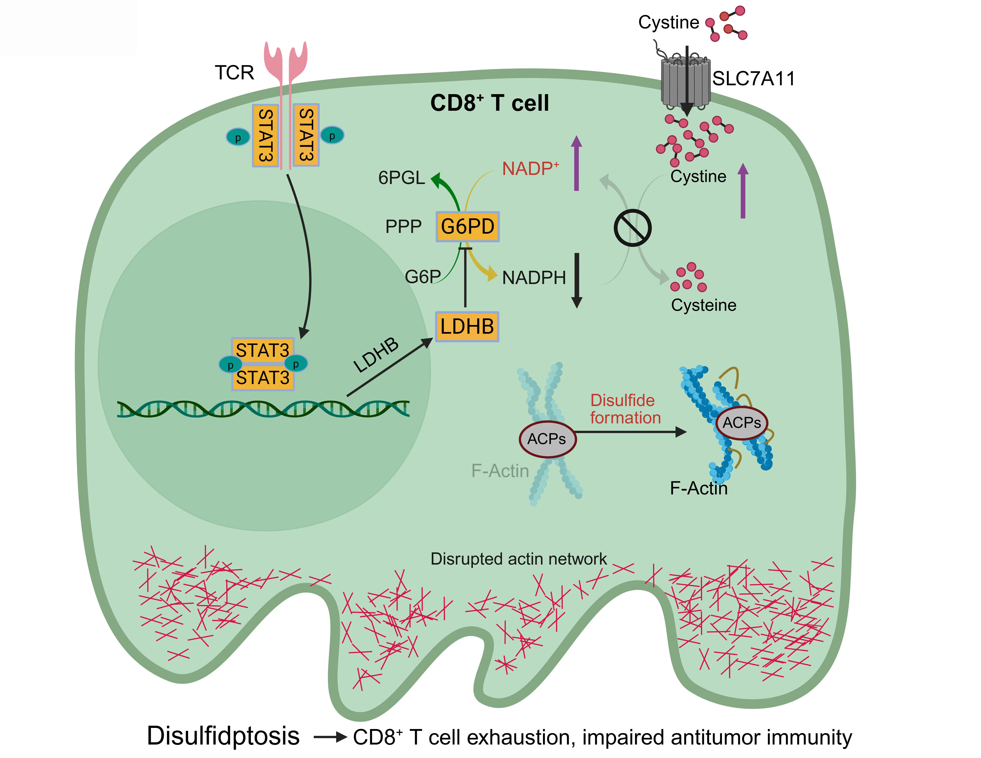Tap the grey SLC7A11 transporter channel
click(x=685, y=81)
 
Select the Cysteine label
click(x=703, y=305)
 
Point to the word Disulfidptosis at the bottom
click(x=223, y=735)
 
